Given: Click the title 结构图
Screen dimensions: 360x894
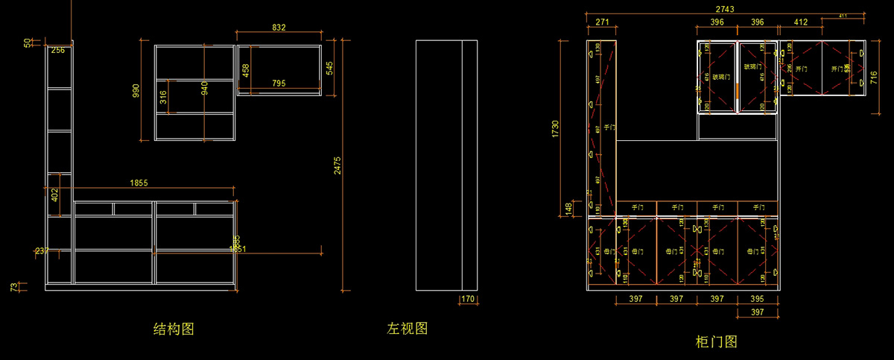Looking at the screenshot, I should click(x=174, y=329).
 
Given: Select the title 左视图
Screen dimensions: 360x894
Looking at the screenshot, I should click(x=408, y=328).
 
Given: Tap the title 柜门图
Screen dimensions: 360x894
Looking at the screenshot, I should click(x=716, y=342).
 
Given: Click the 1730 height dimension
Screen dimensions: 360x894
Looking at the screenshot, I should click(x=555, y=128).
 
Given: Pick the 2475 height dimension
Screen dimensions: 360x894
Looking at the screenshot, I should click(x=337, y=165).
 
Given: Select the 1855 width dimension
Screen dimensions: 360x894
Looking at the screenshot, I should click(x=139, y=183).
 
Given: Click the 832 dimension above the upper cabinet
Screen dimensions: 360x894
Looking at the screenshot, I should click(x=279, y=27).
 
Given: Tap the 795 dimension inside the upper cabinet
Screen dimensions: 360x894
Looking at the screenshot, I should click(x=279, y=83).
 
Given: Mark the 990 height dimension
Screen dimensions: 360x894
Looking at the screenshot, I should click(x=136, y=92).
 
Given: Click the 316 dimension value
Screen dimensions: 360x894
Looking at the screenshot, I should click(x=163, y=97).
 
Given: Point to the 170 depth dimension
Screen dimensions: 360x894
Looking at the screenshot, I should click(x=468, y=300).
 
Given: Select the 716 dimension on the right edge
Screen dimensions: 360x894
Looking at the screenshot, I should click(x=874, y=78).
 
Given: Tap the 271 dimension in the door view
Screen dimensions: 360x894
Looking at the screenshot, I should click(x=602, y=22).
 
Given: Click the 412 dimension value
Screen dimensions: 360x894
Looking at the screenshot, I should click(x=801, y=22).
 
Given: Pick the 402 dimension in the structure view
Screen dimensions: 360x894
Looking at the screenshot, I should click(x=54, y=195).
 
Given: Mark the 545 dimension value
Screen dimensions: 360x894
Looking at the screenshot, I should click(x=329, y=69).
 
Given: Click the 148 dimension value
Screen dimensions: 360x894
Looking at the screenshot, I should click(x=568, y=208).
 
